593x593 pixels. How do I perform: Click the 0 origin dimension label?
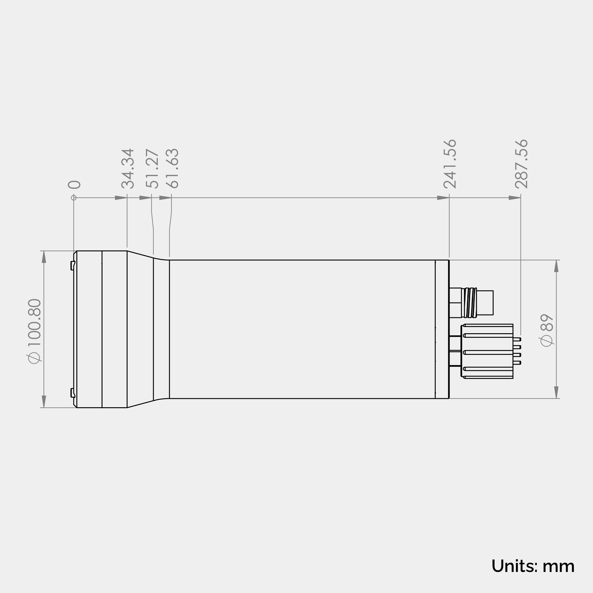(x=74, y=185)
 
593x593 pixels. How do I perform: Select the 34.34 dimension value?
(x=128, y=169)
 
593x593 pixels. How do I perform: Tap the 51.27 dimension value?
(x=152, y=169)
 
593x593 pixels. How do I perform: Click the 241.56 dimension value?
(x=450, y=164)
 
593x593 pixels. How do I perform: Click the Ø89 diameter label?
(x=546, y=331)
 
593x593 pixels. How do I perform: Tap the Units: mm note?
(x=533, y=566)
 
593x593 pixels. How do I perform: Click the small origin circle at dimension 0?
(x=74, y=198)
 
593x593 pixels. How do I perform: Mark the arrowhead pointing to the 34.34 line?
(x=121, y=198)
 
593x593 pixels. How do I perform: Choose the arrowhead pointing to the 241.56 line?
(x=443, y=198)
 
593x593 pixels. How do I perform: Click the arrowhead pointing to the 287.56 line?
(x=514, y=198)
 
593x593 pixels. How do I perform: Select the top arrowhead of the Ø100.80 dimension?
(x=44, y=257)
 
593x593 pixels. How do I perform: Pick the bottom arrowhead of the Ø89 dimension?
(x=556, y=393)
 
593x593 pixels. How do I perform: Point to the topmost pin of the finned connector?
(x=517, y=339)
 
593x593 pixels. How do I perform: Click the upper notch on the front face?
(x=73, y=265)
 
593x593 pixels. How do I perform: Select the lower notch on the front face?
(x=73, y=393)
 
